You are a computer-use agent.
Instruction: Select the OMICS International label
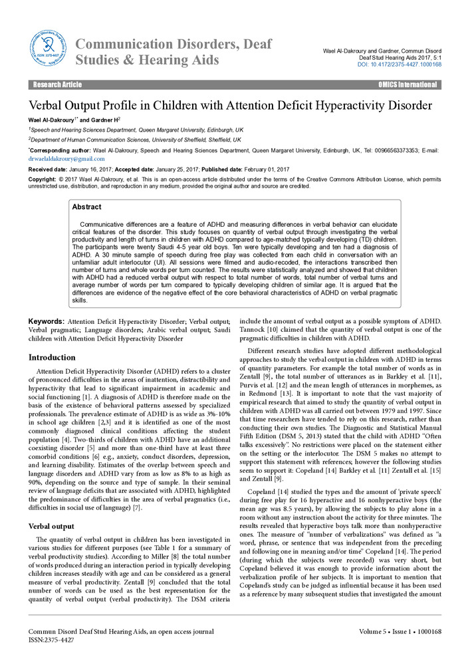[408, 85]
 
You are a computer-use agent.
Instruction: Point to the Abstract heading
[86, 207]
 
